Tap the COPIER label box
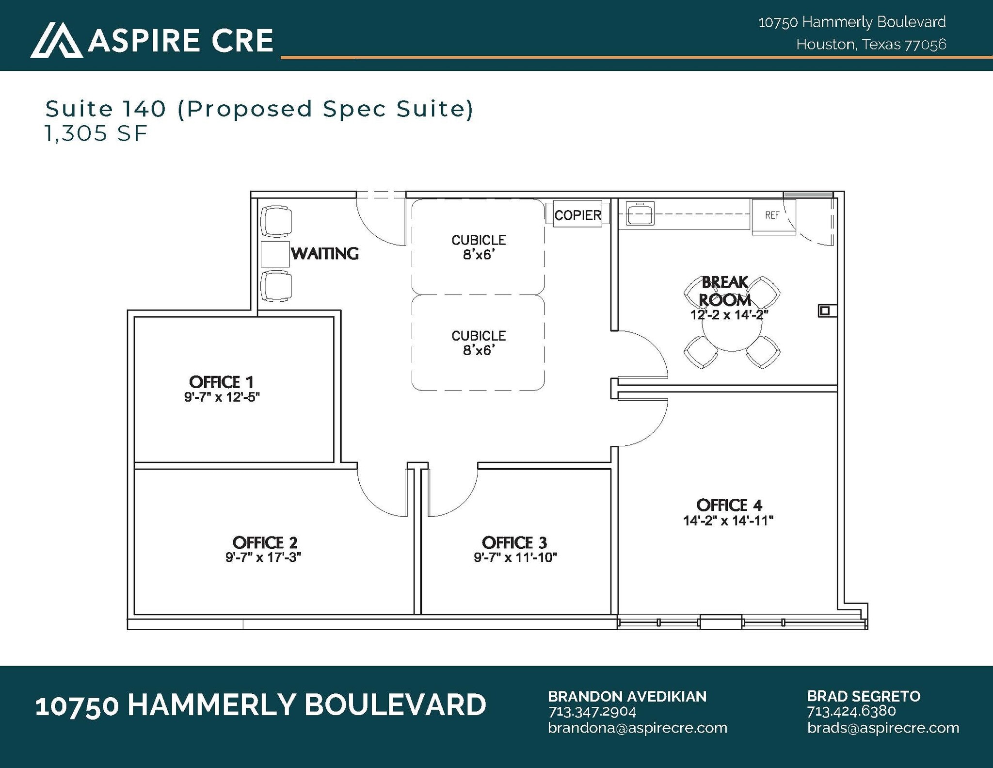point(577,215)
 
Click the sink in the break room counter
point(640,213)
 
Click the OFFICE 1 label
point(221,382)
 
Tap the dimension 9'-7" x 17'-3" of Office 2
point(263,557)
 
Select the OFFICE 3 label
point(514,542)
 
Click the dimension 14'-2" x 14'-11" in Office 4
point(728,521)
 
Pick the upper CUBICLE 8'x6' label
point(479,247)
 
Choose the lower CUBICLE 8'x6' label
point(479,343)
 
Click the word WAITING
point(325,254)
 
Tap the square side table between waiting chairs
point(275,254)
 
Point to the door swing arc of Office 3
point(461,500)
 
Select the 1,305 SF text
point(96,133)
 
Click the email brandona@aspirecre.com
point(637,728)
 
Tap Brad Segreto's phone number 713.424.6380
point(851,711)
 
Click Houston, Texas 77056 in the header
point(871,45)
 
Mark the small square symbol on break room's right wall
point(824,310)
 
